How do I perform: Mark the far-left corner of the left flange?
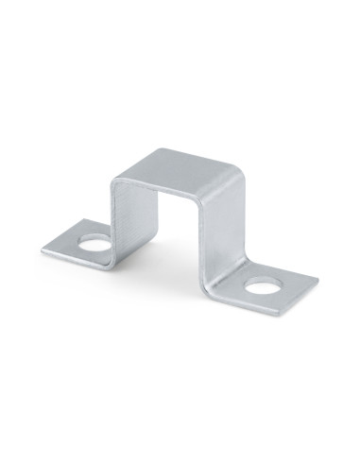click(43, 250)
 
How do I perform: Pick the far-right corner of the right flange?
click(317, 280)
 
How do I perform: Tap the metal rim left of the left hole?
click(71, 245)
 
